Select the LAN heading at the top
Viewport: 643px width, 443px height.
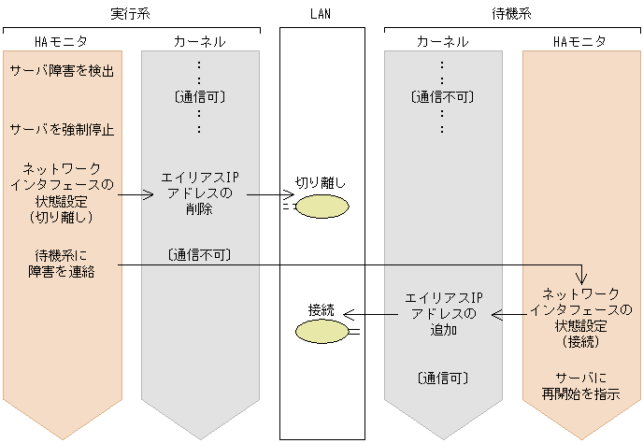click(x=321, y=14)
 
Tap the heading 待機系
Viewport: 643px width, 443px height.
click(x=513, y=14)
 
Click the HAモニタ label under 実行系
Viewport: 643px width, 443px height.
click(x=60, y=42)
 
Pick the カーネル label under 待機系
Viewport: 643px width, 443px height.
click(x=442, y=42)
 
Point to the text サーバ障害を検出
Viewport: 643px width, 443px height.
click(x=63, y=71)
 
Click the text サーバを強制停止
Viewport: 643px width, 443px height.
click(x=62, y=130)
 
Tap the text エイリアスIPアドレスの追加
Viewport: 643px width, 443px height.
click(x=442, y=314)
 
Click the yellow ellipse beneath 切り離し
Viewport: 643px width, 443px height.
click(x=323, y=207)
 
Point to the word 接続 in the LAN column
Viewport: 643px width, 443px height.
click(x=321, y=309)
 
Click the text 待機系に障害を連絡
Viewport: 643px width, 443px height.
click(x=62, y=263)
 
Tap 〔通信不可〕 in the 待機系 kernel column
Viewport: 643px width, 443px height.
click(x=442, y=96)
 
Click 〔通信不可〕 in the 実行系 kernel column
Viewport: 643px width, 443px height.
click(x=198, y=254)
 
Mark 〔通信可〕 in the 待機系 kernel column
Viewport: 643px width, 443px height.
click(x=442, y=378)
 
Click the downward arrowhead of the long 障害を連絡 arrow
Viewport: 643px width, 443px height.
click(x=581, y=279)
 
